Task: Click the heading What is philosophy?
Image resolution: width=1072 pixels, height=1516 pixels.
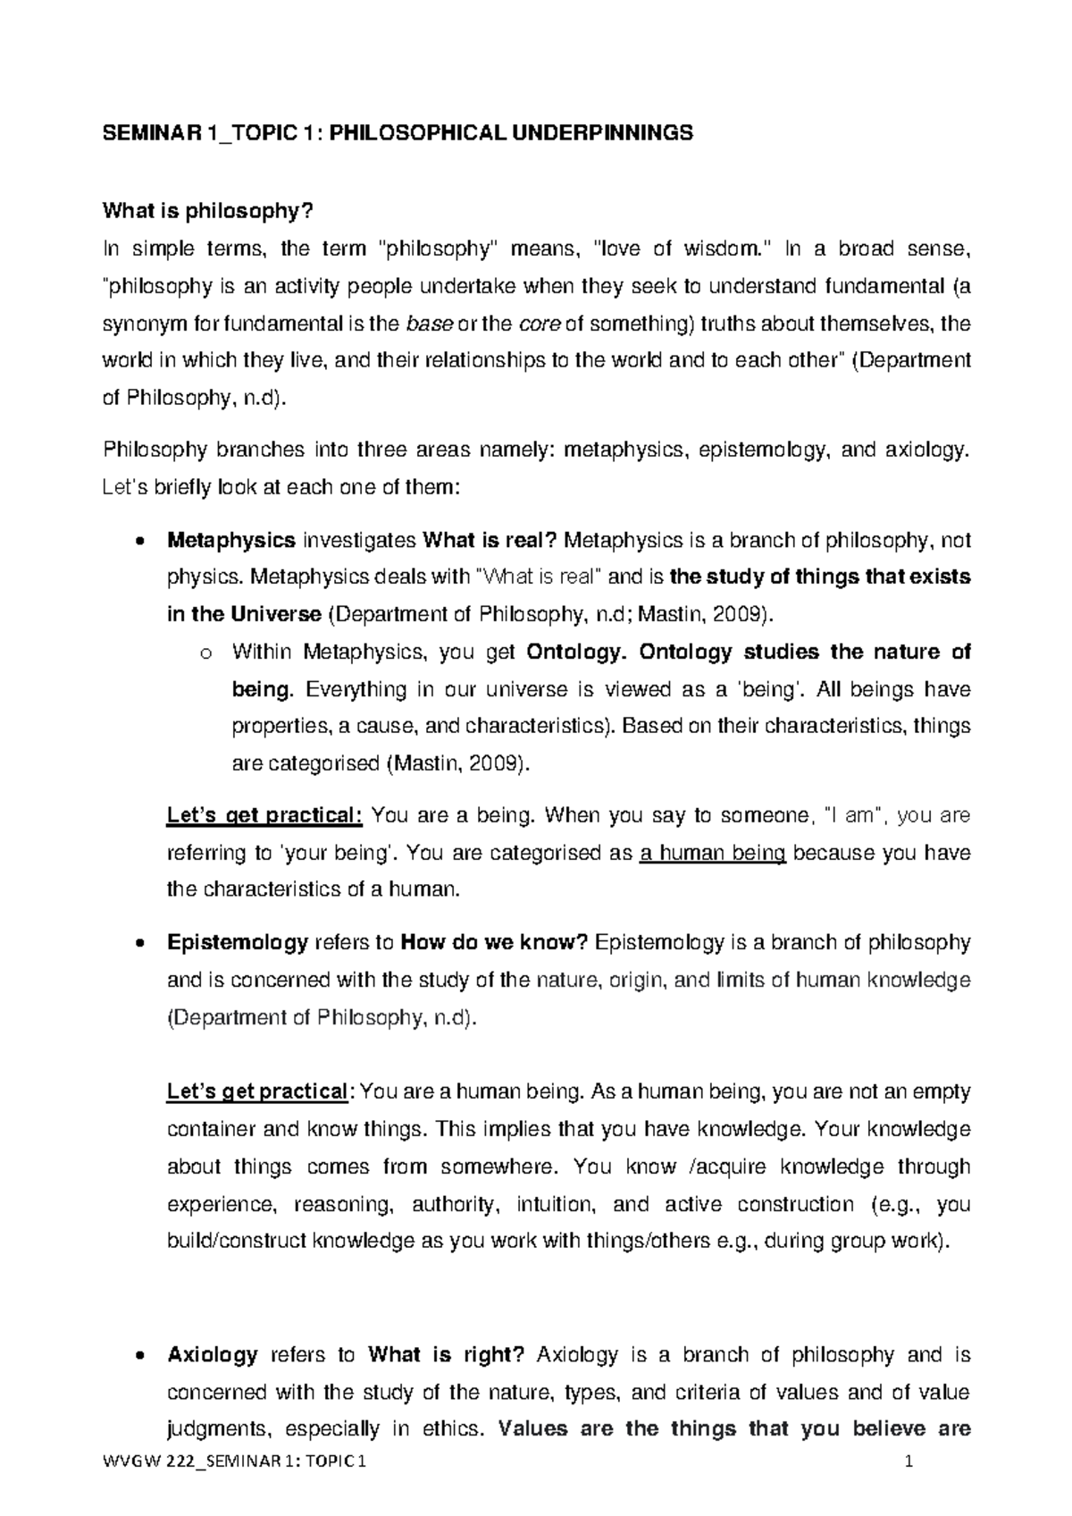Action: (209, 211)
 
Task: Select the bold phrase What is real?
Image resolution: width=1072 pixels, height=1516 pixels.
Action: (490, 540)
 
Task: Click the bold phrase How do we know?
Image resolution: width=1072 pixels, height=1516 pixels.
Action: (494, 942)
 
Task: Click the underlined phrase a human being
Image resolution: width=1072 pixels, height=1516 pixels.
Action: (713, 853)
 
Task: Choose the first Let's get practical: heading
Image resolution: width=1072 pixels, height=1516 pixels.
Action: (264, 815)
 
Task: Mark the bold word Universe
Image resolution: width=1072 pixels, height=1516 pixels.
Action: (276, 614)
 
